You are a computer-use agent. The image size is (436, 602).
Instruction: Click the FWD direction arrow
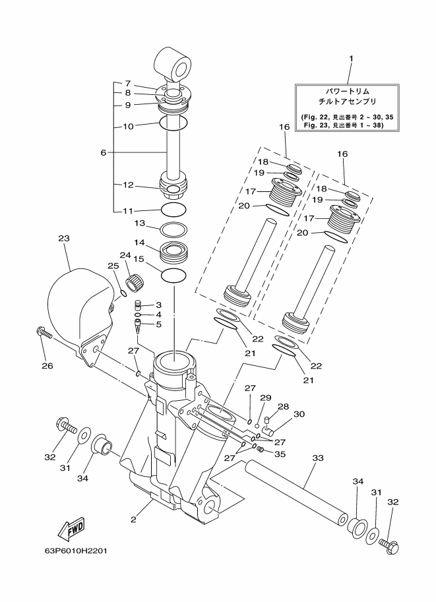click(x=70, y=528)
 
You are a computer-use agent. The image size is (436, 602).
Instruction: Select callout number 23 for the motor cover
click(x=63, y=239)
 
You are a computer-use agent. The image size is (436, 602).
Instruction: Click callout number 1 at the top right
click(x=351, y=58)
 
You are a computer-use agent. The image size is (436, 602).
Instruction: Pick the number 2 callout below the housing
click(x=133, y=520)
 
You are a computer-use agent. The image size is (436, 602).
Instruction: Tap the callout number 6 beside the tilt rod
click(x=103, y=152)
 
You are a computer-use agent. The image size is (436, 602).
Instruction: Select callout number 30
click(x=299, y=414)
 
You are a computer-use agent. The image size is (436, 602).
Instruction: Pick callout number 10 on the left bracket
click(x=128, y=125)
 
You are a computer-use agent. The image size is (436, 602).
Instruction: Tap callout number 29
click(x=265, y=398)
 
